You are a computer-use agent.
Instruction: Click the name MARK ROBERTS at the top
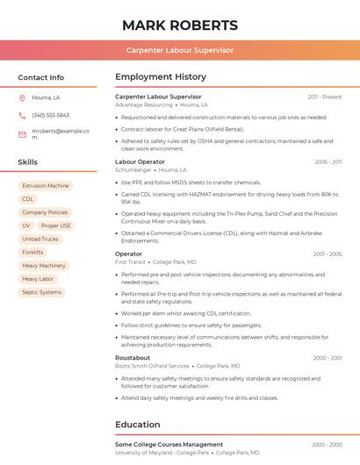pyautogui.click(x=179, y=25)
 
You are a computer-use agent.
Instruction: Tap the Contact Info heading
pyautogui.click(x=40, y=77)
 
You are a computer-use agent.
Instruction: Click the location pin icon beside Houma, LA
pyautogui.click(x=22, y=97)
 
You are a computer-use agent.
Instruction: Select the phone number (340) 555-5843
pyautogui.click(x=50, y=115)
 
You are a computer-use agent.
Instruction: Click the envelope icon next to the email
pyautogui.click(x=22, y=134)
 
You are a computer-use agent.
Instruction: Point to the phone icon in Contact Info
pyautogui.click(x=22, y=115)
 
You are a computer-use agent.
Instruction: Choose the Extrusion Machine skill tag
pyautogui.click(x=45, y=186)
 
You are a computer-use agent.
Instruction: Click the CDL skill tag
pyautogui.click(x=27, y=199)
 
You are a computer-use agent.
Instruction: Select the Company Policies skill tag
pyautogui.click(x=44, y=212)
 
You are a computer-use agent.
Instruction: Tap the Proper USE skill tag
pyautogui.click(x=54, y=225)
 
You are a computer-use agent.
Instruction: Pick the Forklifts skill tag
pyautogui.click(x=32, y=252)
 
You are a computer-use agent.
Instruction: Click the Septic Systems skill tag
pyautogui.click(x=41, y=292)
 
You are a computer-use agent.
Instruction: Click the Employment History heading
pyautogui.click(x=161, y=77)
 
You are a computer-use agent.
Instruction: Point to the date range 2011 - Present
pyautogui.click(x=325, y=97)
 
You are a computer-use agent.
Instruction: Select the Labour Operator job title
pyautogui.click(x=140, y=161)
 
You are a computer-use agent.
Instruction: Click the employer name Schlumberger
pyautogui.click(x=133, y=169)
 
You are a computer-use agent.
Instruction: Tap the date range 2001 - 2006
pyautogui.click(x=328, y=254)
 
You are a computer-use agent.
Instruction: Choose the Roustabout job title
pyautogui.click(x=133, y=357)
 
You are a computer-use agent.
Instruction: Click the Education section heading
pyautogui.click(x=137, y=425)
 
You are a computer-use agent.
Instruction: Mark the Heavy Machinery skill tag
pyautogui.click(x=43, y=265)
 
